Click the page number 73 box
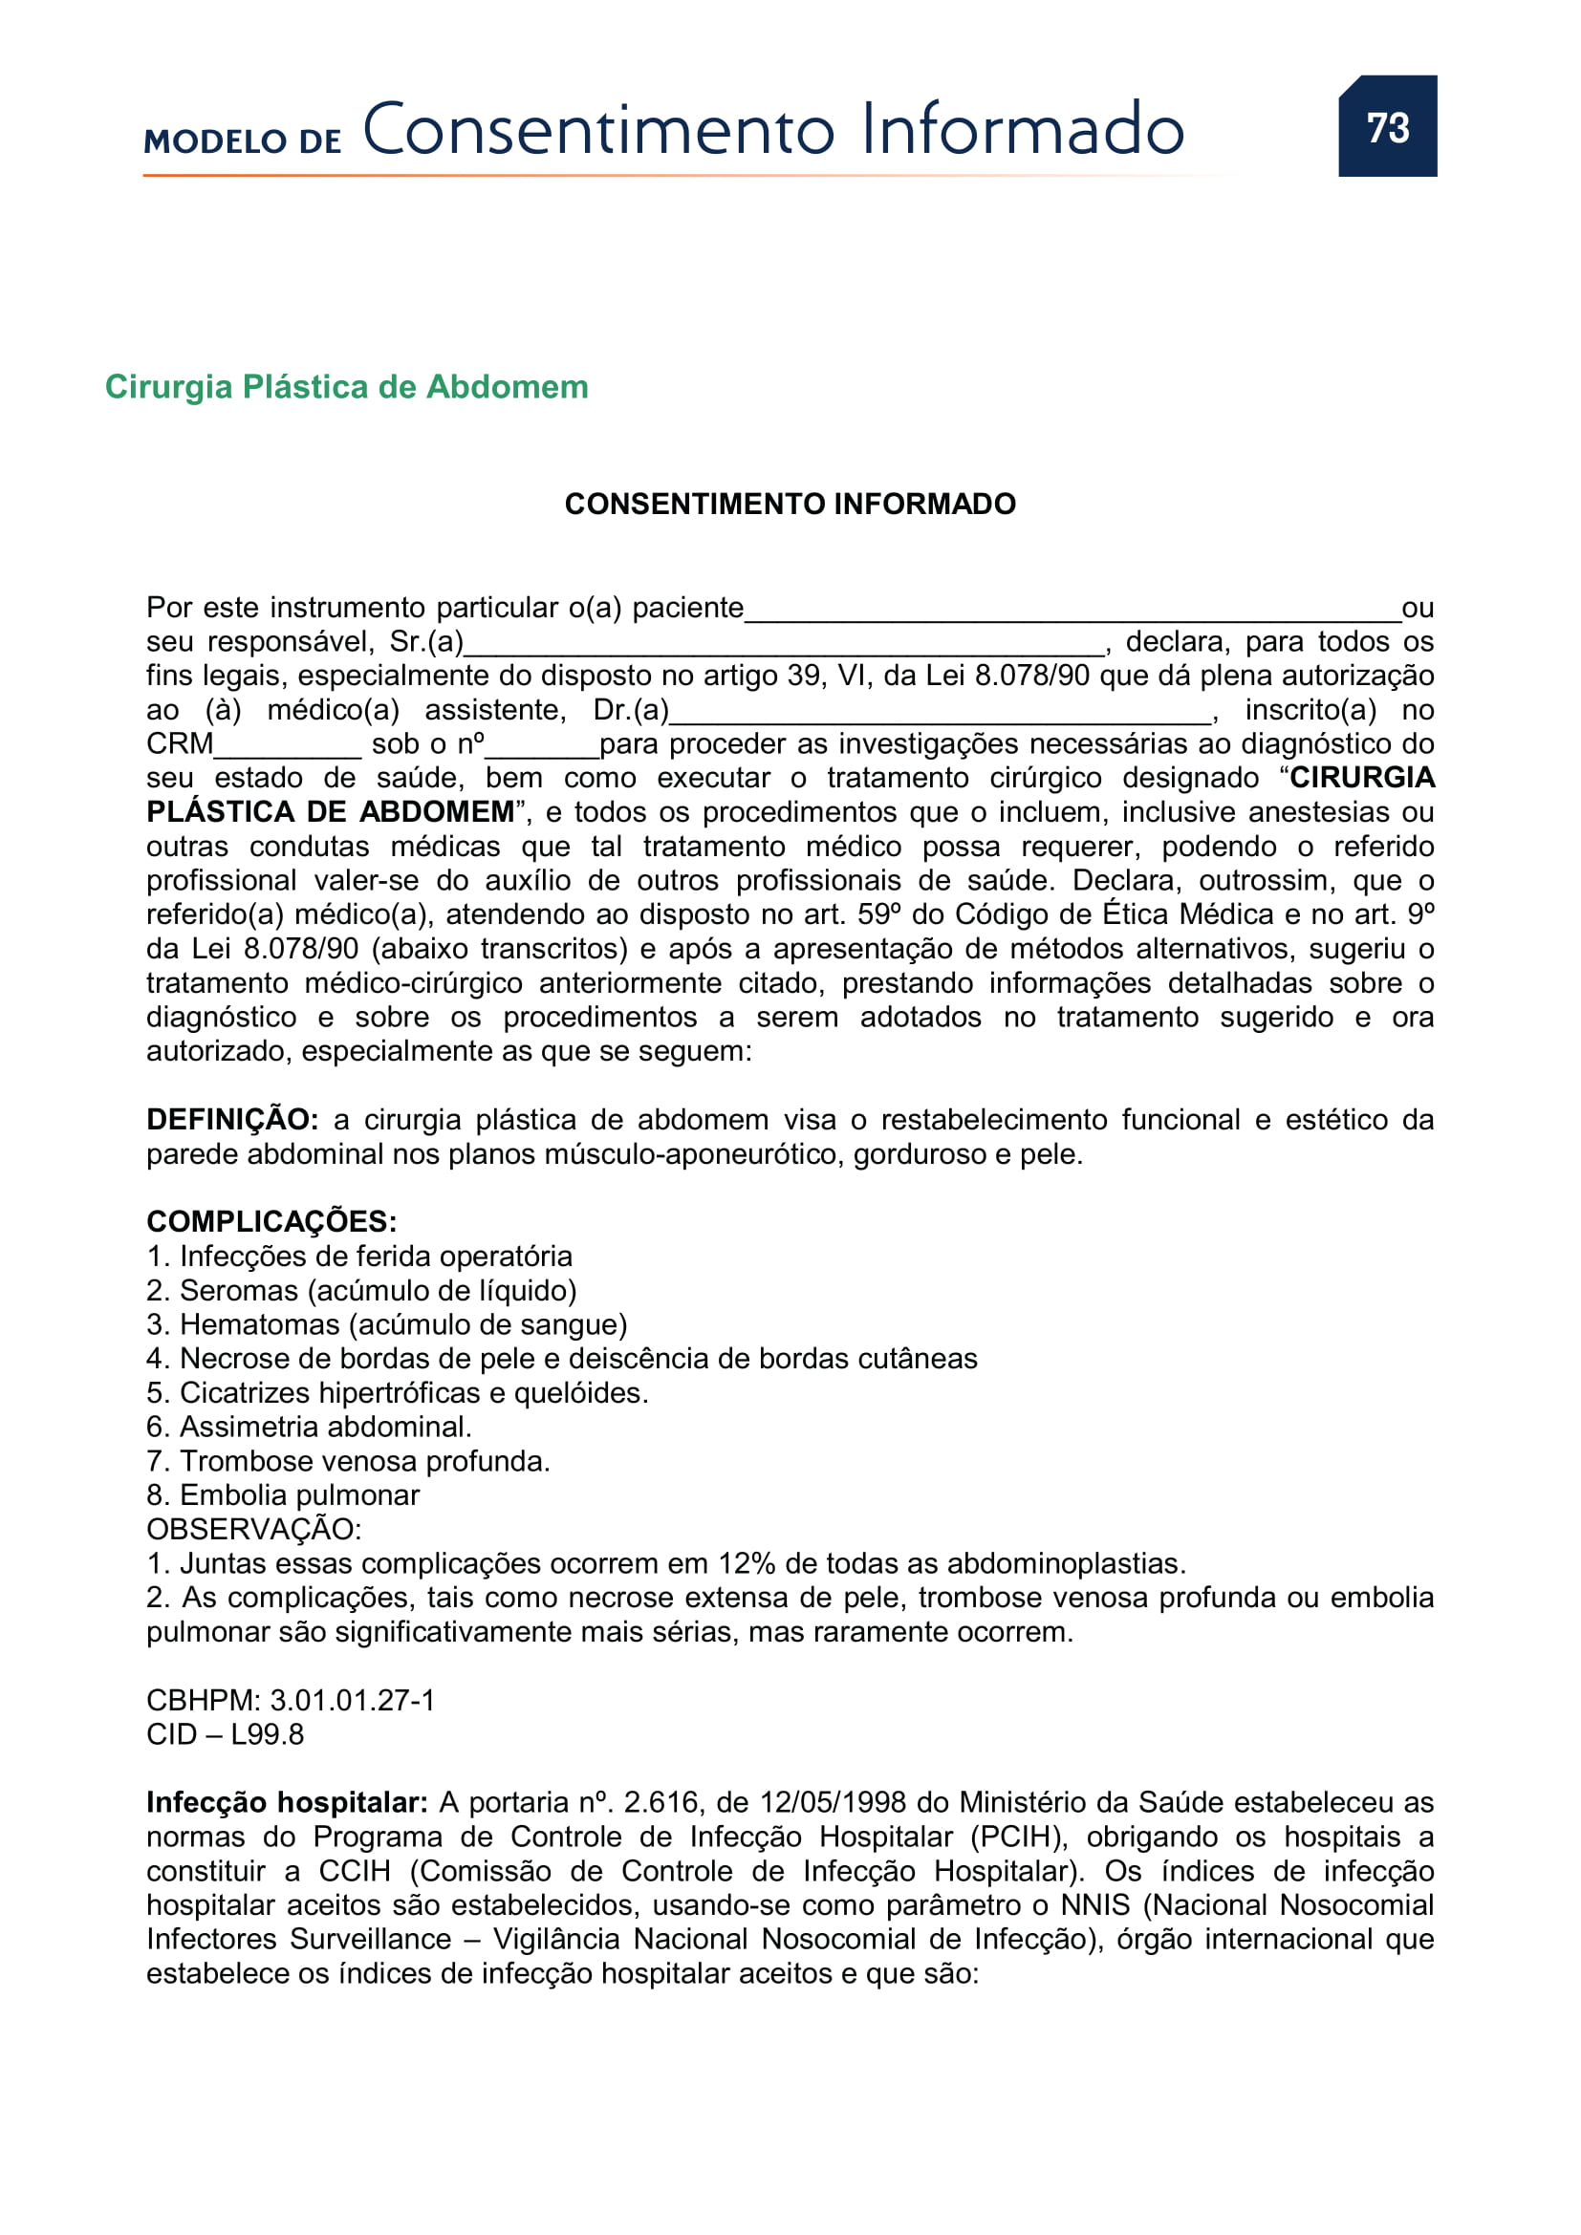click(x=1386, y=126)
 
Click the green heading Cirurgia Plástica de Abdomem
click(x=347, y=386)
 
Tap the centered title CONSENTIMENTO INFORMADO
click(x=790, y=504)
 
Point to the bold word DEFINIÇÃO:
click(x=231, y=1120)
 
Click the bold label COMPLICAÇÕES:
click(x=271, y=1222)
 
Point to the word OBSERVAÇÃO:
click(x=254, y=1529)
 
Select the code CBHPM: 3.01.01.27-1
click(x=292, y=1700)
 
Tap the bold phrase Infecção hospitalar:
click(x=287, y=1803)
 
